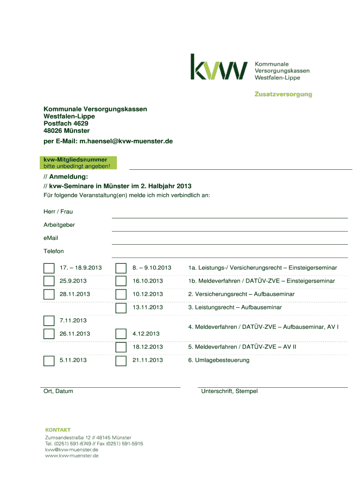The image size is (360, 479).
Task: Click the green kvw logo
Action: [x=218, y=67]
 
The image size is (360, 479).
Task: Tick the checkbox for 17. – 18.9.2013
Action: [x=49, y=268]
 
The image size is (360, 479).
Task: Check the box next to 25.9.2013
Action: [x=49, y=281]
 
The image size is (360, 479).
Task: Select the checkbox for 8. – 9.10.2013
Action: [x=121, y=268]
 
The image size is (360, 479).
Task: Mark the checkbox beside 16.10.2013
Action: [x=121, y=281]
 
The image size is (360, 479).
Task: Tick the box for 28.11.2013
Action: [x=49, y=294]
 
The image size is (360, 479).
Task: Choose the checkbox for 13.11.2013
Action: [x=121, y=307]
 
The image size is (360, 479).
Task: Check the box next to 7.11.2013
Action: [x=49, y=320]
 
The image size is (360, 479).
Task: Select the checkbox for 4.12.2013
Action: [x=121, y=334]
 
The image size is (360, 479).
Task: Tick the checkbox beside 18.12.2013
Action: [x=121, y=347]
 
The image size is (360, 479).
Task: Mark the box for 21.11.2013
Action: [x=121, y=360]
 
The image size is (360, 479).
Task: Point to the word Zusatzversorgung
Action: [x=283, y=94]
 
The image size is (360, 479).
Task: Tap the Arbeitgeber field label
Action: [x=59, y=225]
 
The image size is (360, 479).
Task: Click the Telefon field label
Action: [x=54, y=251]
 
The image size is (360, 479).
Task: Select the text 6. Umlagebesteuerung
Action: [x=219, y=360]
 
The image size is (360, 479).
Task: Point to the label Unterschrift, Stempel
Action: [x=229, y=391]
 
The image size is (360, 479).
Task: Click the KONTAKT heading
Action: [x=58, y=429]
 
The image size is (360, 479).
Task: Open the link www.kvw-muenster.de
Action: [x=72, y=455]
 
